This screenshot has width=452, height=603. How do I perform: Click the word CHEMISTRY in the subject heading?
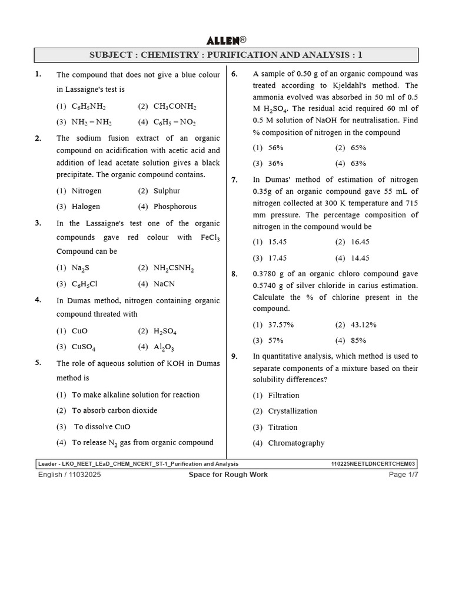click(169, 55)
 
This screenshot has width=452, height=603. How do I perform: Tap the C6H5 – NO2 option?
click(175, 122)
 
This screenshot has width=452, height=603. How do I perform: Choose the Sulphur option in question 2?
click(167, 191)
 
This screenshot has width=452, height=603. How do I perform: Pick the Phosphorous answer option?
click(175, 207)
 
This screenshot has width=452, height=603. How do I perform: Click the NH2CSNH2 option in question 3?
click(174, 268)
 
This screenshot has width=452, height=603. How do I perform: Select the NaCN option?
click(164, 284)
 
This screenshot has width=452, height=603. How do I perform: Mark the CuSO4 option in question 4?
click(84, 347)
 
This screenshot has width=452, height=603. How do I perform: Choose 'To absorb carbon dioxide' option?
click(114, 410)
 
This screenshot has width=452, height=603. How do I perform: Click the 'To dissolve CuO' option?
click(102, 426)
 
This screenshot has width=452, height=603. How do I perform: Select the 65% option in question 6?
click(358, 148)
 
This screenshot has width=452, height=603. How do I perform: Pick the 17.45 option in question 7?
click(277, 258)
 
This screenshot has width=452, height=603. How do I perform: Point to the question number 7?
click(234, 180)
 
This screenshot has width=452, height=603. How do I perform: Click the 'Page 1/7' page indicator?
click(403, 475)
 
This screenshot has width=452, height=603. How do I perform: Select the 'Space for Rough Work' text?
click(228, 475)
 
